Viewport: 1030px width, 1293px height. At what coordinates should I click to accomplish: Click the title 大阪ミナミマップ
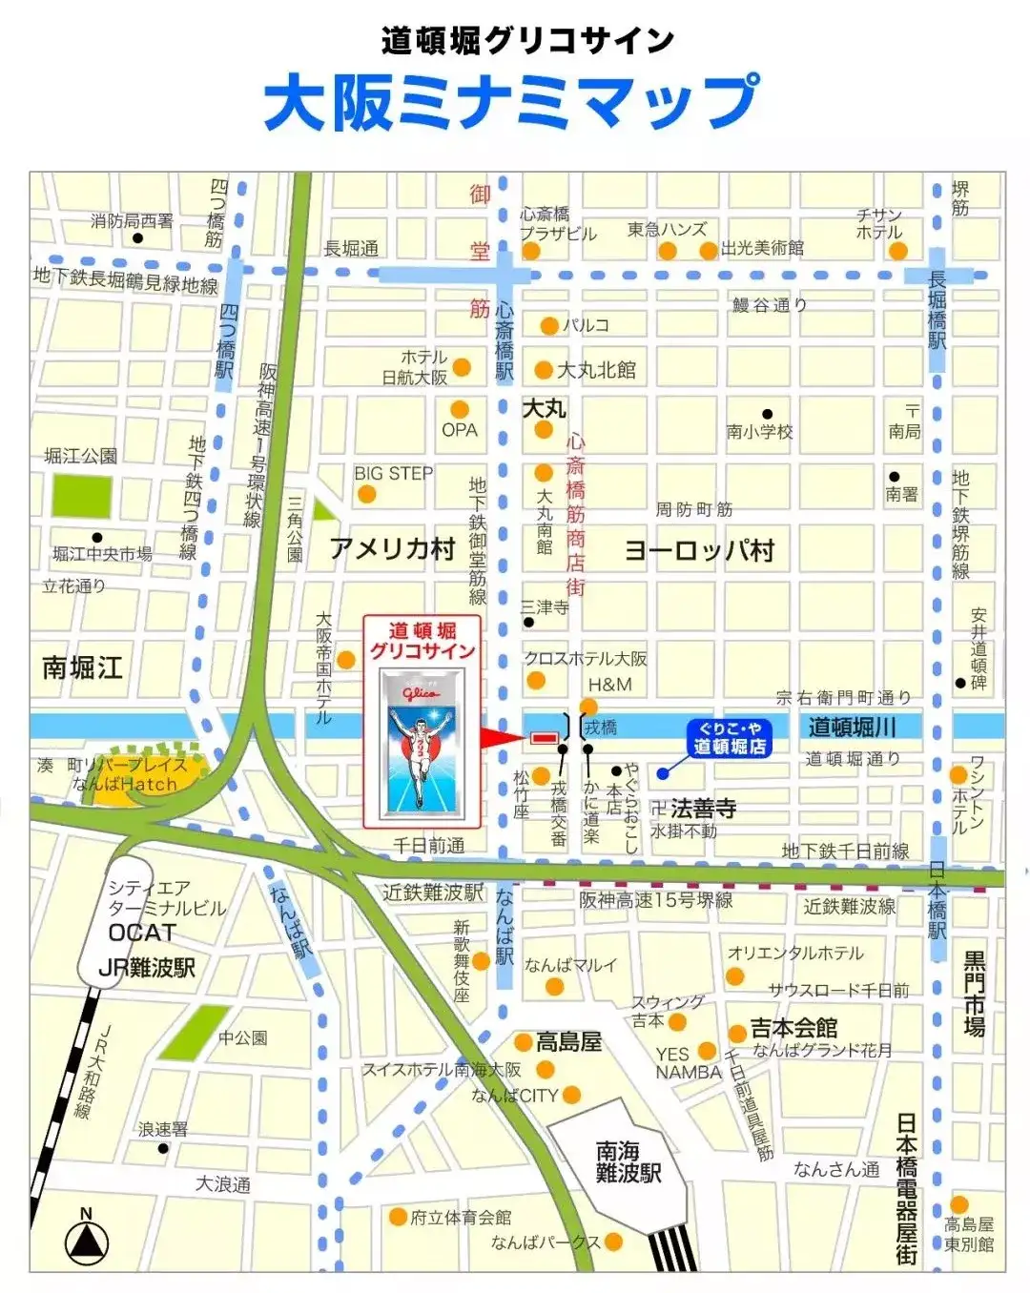point(512,102)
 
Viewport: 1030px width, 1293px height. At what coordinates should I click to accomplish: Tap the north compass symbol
point(86,1241)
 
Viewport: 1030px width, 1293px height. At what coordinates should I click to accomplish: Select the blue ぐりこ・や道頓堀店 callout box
point(730,739)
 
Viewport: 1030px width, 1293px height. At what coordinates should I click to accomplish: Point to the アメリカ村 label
point(392,549)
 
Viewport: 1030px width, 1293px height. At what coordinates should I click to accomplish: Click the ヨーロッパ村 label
point(699,550)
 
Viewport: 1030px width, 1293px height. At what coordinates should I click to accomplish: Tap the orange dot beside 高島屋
point(524,1041)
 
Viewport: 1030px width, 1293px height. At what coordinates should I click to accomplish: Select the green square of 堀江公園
point(81,496)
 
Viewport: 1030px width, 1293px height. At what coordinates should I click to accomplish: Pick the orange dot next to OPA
point(460,409)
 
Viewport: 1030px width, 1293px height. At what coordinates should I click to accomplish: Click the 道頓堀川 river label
point(852,727)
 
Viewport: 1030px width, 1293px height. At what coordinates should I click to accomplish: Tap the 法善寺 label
point(703,809)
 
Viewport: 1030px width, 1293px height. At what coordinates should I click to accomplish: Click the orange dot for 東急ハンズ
point(668,251)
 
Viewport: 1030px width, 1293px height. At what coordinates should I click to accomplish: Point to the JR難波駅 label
point(147,968)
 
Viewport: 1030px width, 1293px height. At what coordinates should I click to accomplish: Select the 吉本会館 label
point(793,1028)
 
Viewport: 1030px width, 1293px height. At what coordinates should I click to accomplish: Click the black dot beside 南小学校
point(768,415)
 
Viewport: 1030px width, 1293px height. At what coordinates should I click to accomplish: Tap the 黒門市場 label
point(974,993)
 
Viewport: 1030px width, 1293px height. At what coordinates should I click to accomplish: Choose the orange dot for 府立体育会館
point(398,1217)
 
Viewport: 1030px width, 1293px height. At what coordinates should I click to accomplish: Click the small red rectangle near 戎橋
point(544,738)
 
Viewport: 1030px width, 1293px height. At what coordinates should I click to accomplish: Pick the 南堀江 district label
point(82,667)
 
